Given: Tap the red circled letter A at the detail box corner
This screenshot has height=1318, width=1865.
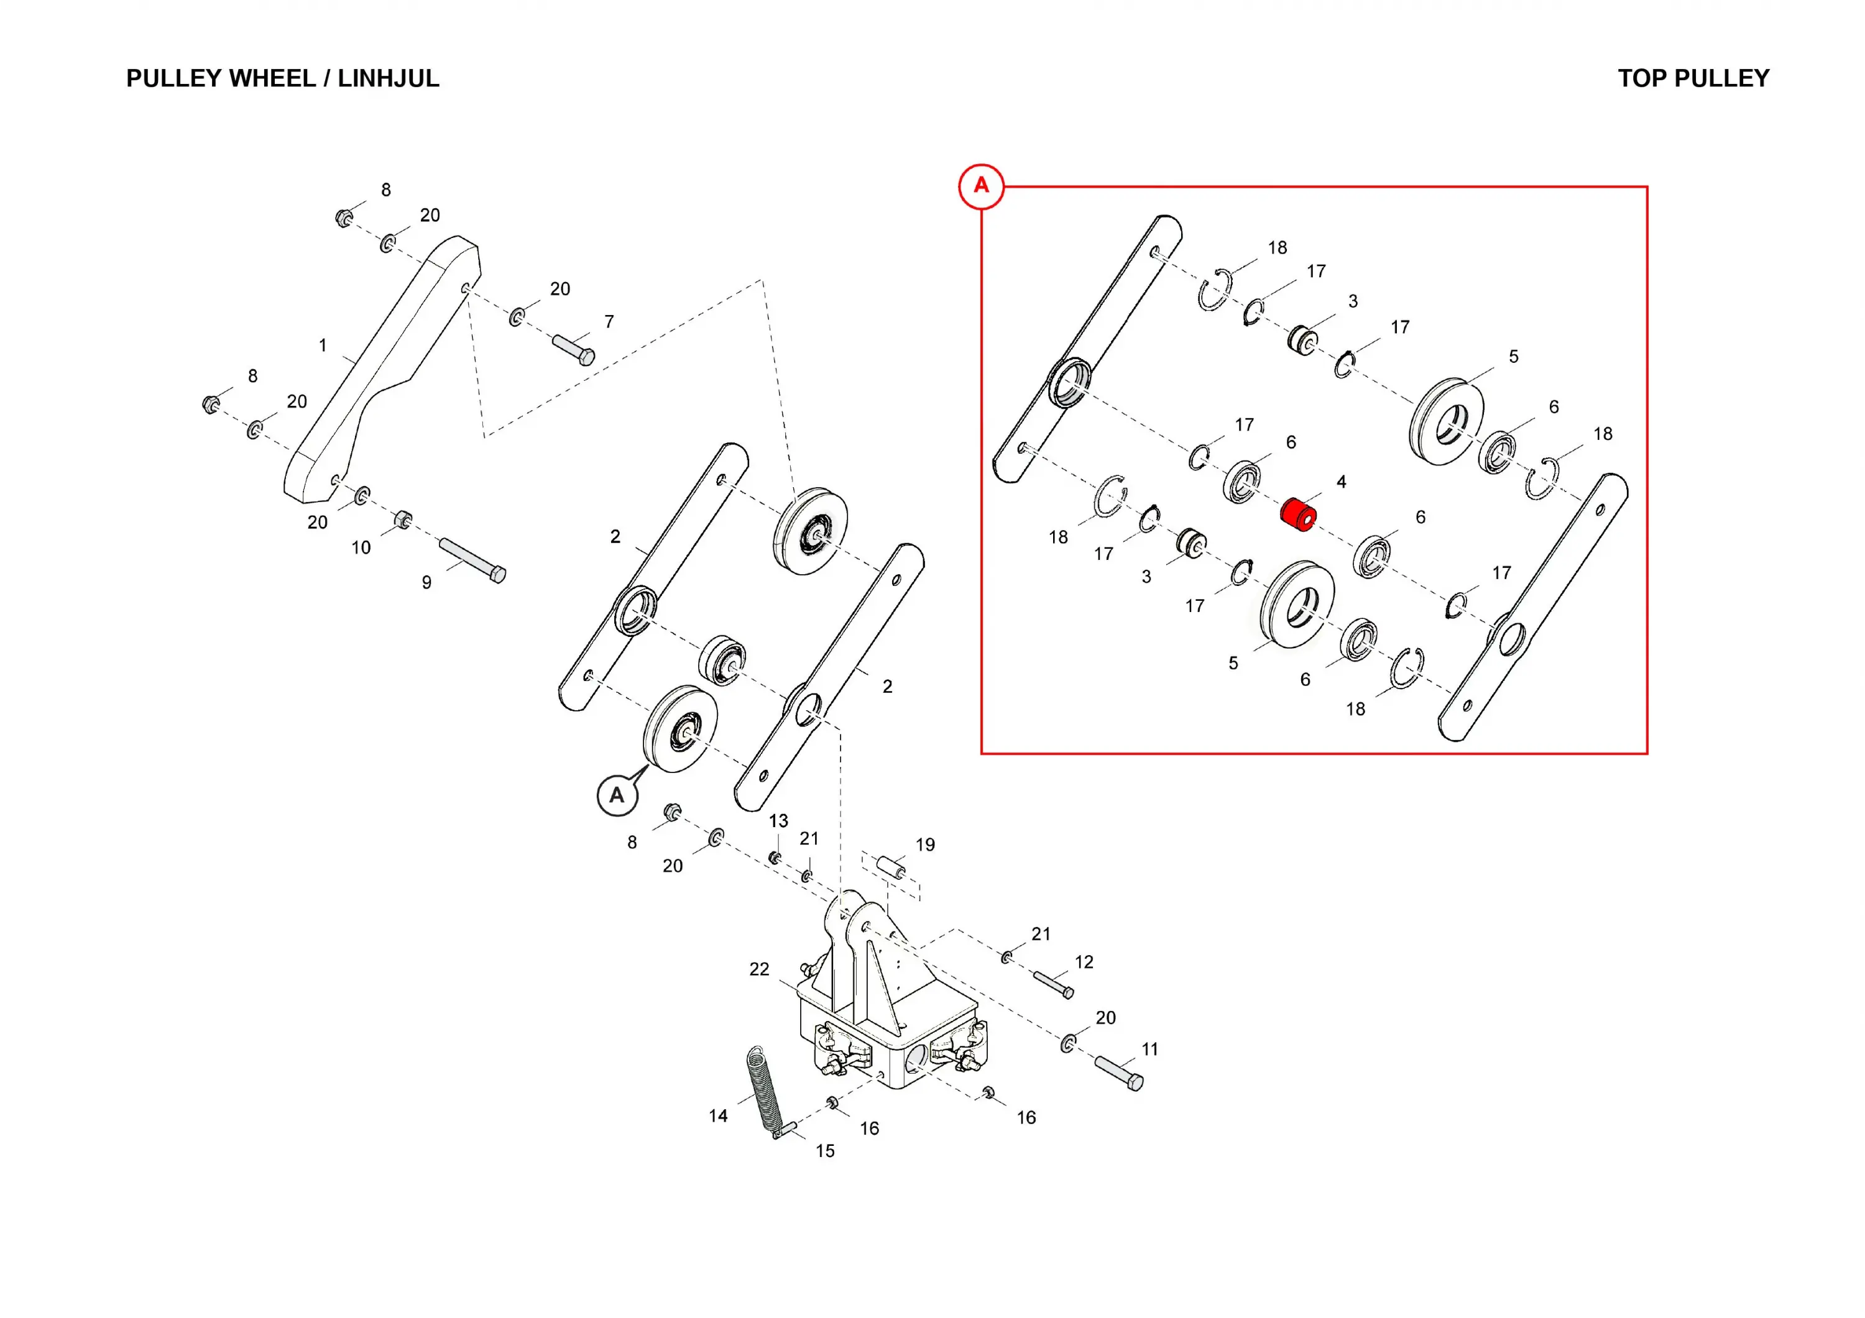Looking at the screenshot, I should coord(981,186).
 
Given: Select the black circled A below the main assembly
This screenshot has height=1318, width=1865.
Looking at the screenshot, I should coord(617,795).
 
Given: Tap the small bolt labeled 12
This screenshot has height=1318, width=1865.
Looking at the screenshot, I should coord(1052,984).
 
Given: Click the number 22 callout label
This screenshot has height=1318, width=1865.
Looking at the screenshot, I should coord(758,969).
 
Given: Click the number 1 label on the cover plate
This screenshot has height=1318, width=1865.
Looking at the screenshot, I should coord(323,345).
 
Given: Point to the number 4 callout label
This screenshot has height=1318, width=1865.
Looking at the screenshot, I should coord(1341,482).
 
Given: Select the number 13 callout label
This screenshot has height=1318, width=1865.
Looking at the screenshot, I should coord(778,820).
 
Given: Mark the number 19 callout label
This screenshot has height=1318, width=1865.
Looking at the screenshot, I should coord(925,844).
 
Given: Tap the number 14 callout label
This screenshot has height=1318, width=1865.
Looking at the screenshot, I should coord(718,1116).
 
